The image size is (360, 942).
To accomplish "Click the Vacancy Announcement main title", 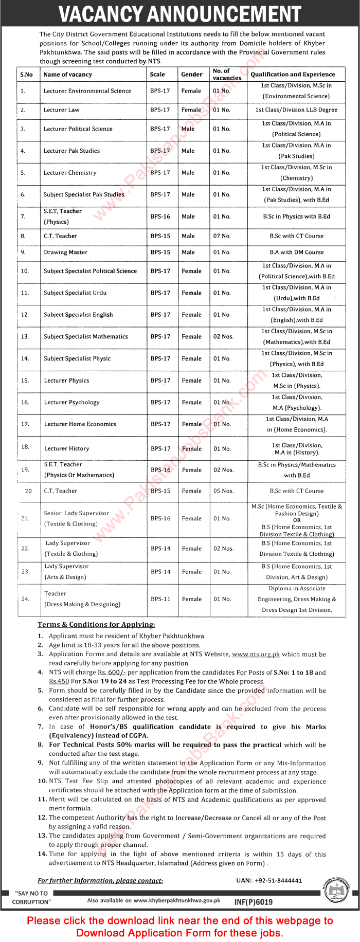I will pos(179,14).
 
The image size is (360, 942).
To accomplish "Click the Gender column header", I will pos(191,75).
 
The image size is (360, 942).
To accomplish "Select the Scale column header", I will pos(157,75).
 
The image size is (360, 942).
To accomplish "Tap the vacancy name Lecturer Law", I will pos(62,110).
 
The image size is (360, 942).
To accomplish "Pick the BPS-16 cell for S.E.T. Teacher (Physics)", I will pos(160,216).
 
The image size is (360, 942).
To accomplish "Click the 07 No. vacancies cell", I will pos(222,236).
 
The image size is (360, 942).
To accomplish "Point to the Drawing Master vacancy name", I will pos(65,252).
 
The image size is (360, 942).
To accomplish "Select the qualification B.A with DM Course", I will pos(297,252).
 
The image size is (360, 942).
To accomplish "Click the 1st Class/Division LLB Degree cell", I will pos(296,110).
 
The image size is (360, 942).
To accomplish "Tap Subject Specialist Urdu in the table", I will pos(75,293).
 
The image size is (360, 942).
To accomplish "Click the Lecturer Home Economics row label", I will pos(80,424).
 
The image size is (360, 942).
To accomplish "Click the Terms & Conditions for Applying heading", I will pos(96,625).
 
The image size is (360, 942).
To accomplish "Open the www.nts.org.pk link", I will pos(256,655).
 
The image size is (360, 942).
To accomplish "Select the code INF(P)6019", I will pos(254,902).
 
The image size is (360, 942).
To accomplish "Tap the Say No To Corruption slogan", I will pos(31,898).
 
